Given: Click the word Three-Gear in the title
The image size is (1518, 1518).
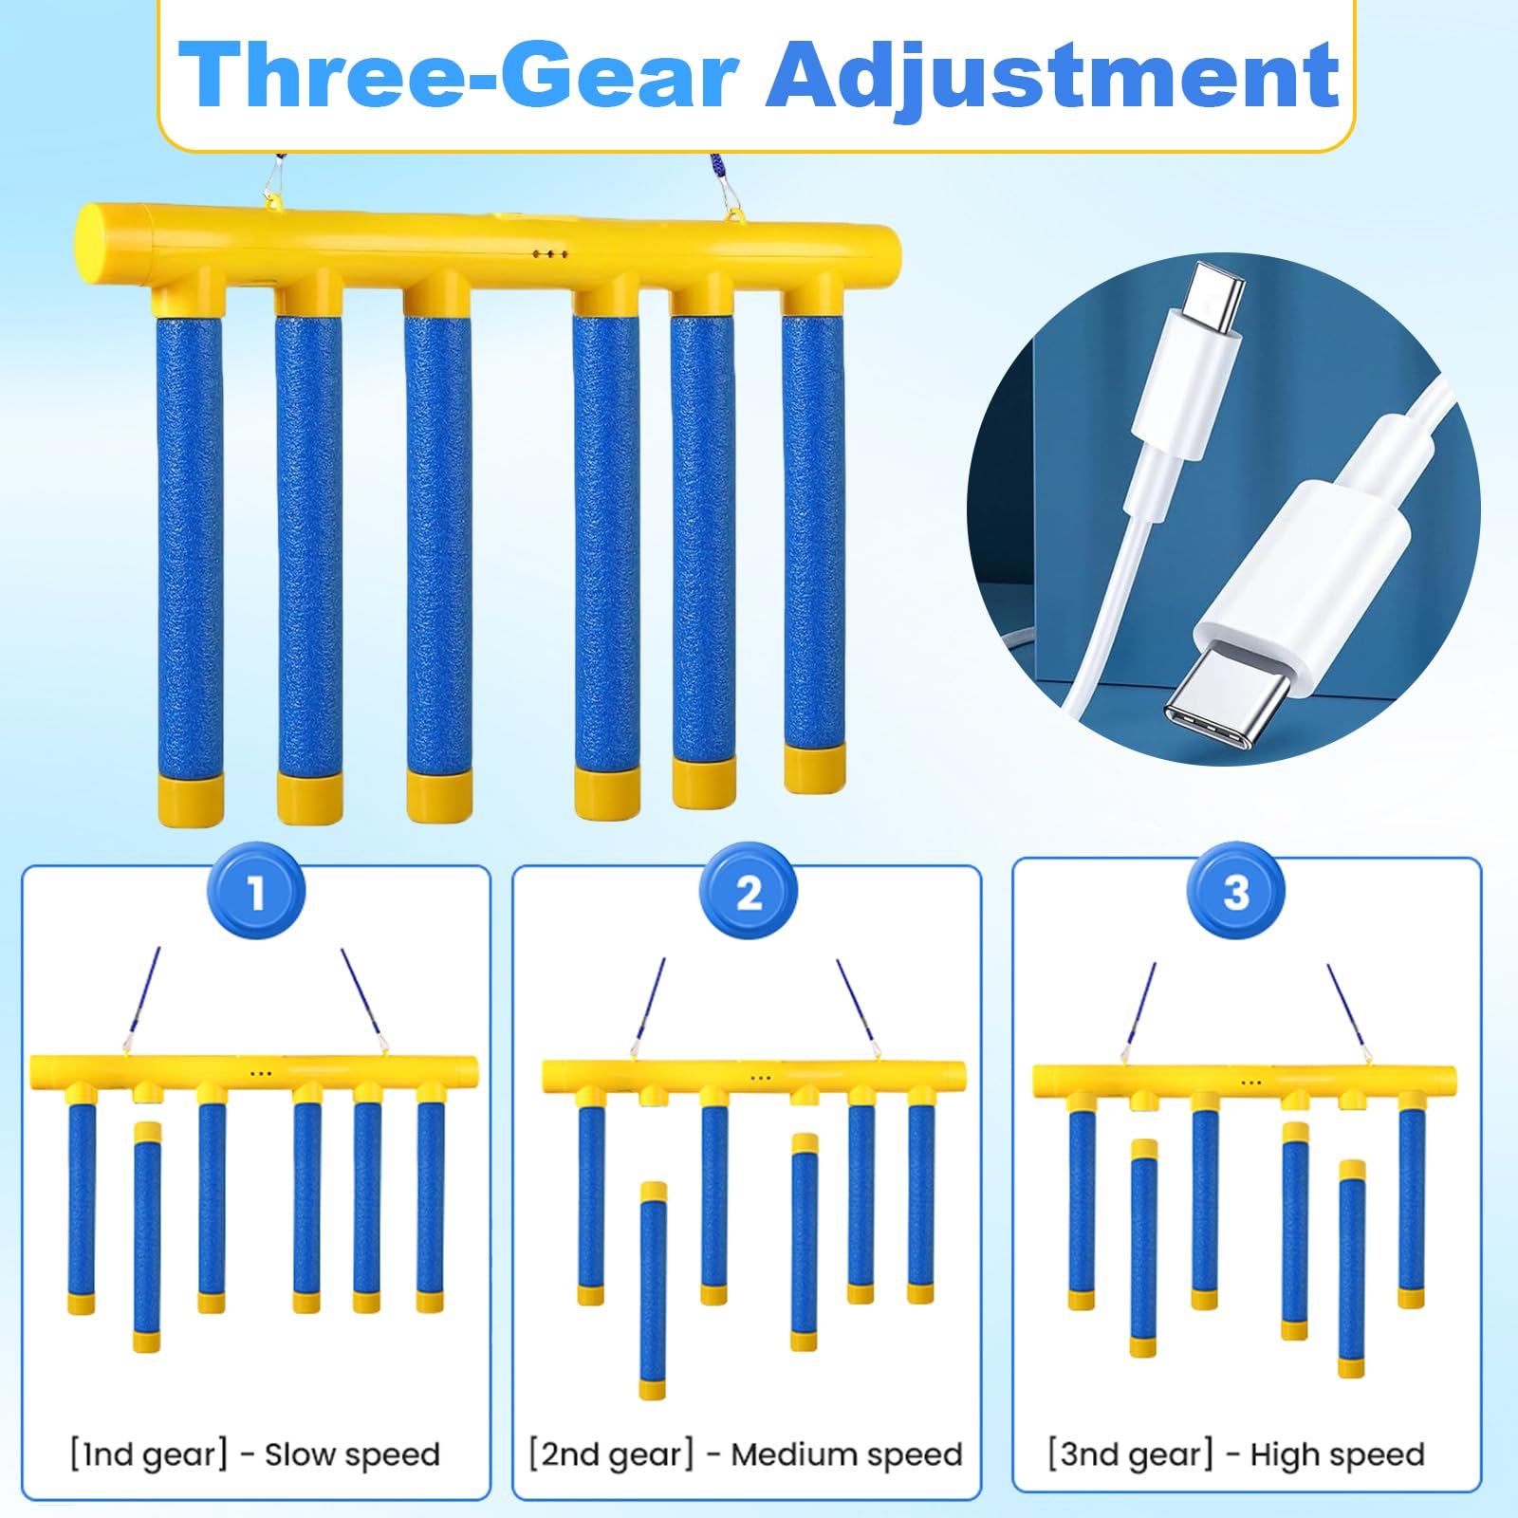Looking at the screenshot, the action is (x=459, y=76).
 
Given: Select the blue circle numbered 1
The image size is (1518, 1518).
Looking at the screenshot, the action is (x=256, y=892).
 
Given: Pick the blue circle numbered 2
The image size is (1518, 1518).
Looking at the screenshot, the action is (x=749, y=892).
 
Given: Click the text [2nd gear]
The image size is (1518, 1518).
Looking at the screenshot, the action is (x=611, y=1454).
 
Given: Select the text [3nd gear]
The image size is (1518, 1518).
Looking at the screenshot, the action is (x=1131, y=1454).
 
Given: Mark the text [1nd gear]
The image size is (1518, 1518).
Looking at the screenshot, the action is (x=148, y=1454).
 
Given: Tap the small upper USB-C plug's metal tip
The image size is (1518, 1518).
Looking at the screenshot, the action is (x=1216, y=294).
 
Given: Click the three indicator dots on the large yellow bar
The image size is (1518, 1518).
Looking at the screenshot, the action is (x=550, y=254).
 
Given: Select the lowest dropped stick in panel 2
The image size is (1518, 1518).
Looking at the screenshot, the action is (x=653, y=1290).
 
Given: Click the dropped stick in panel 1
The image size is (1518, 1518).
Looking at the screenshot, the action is (x=146, y=1237).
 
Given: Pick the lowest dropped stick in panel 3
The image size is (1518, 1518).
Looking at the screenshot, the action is (x=1352, y=1268).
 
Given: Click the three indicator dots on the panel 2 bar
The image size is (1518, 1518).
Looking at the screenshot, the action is (x=760, y=1078).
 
